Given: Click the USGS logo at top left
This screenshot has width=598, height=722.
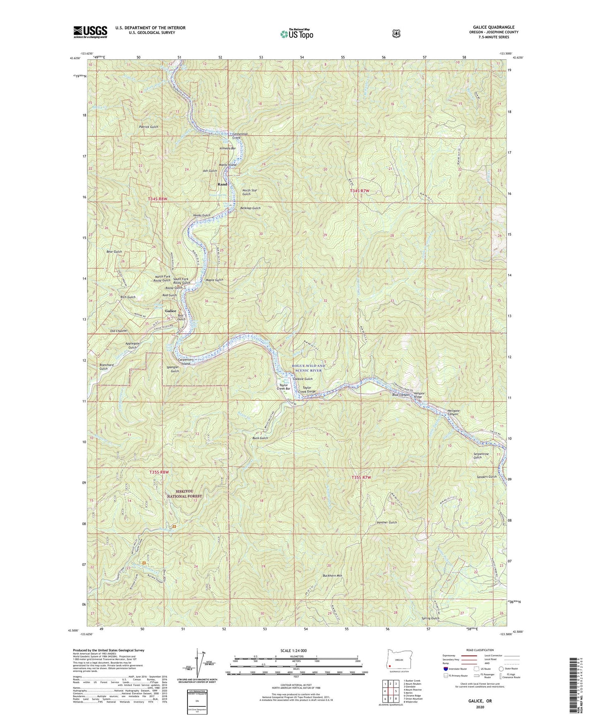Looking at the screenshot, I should (90, 32).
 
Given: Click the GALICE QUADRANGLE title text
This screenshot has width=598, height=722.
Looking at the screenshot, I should (496, 27).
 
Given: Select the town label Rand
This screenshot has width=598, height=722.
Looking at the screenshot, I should (222, 184).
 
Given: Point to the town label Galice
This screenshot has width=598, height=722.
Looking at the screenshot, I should (171, 311).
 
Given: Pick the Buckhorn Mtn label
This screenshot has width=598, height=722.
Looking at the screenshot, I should (332, 576).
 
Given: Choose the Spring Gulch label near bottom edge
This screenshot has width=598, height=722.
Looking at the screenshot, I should (430, 618).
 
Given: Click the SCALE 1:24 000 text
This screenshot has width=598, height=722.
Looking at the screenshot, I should (293, 650).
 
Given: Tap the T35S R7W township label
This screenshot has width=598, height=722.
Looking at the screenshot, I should (361, 478).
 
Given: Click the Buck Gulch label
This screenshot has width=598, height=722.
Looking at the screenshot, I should (260, 438).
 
